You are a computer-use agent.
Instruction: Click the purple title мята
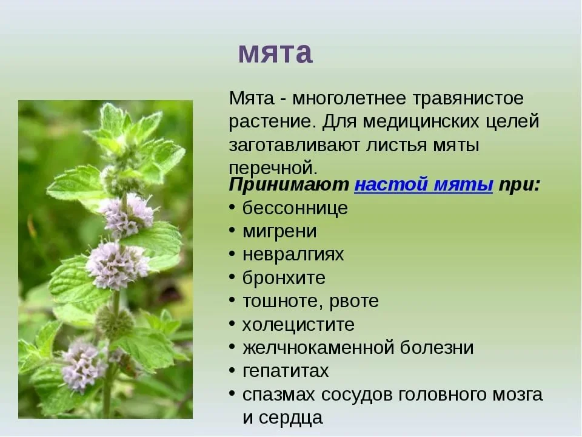[x=275, y=53]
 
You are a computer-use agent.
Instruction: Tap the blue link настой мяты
[x=424, y=185]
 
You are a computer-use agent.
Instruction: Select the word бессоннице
[x=295, y=208]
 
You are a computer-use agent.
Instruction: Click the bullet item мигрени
[x=279, y=231]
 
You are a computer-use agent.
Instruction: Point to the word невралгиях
[x=293, y=254]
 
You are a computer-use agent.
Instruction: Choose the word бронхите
[x=284, y=277]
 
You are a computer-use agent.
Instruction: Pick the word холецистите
[x=298, y=324]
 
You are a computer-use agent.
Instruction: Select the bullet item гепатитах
[x=286, y=371]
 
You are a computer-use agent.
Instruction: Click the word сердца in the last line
[x=290, y=418]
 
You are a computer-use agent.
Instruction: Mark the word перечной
[x=273, y=168]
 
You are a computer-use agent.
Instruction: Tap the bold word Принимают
[x=289, y=185]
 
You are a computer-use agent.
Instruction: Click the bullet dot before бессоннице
[x=232, y=208]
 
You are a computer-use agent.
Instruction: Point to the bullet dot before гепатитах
[x=232, y=370]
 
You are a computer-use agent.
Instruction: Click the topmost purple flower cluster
[x=127, y=215]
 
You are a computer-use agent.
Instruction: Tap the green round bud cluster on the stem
[x=115, y=321]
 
